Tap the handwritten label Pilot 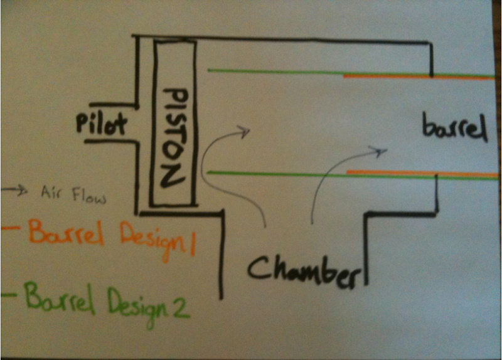coord(102,123)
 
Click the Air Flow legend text coord(73,194)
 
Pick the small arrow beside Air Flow coord(19,191)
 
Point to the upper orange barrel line coord(418,77)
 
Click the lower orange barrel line coord(420,172)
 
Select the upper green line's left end coord(210,70)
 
